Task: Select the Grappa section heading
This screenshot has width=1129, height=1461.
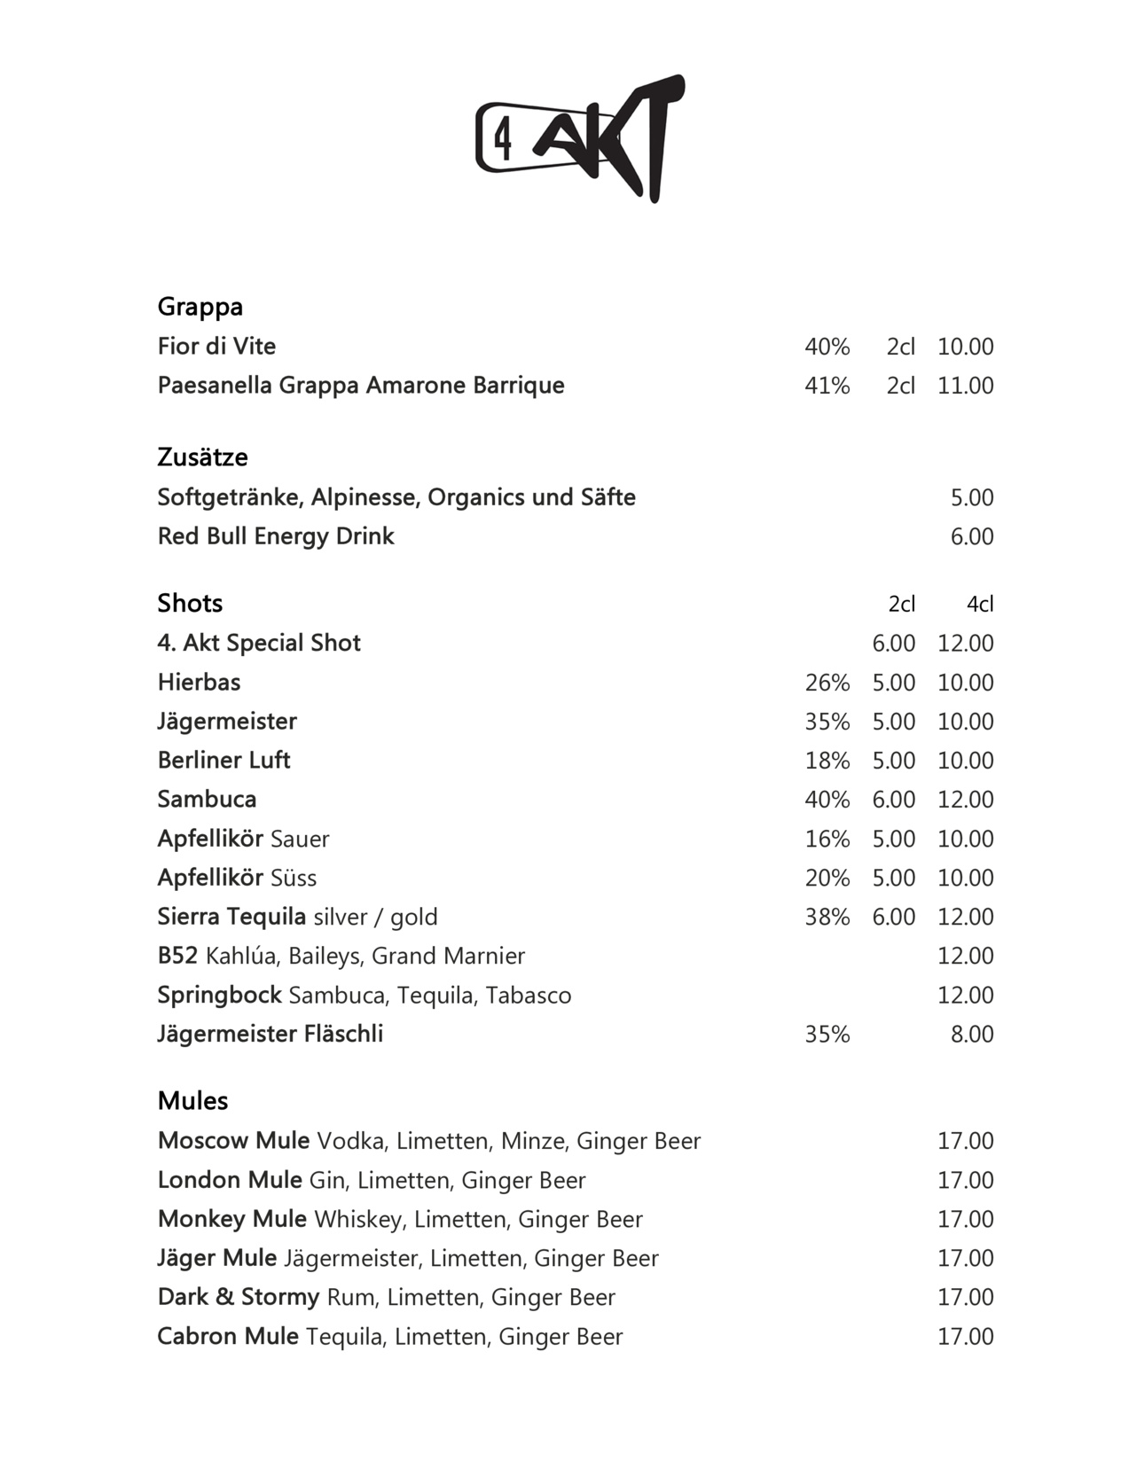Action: (x=200, y=307)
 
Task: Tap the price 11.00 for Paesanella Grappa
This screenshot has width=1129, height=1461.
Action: (x=965, y=386)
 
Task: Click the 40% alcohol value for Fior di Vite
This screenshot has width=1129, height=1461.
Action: (x=827, y=347)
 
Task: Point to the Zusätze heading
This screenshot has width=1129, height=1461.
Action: (x=202, y=457)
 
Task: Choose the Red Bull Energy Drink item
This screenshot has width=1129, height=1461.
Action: (x=276, y=536)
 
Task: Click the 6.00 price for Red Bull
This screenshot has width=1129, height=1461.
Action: (x=971, y=536)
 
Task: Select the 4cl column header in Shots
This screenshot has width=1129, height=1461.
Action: (x=979, y=605)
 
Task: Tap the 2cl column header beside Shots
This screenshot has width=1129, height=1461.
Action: (x=901, y=605)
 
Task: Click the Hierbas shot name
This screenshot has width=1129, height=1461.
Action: (x=199, y=683)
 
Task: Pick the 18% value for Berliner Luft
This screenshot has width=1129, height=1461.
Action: (x=827, y=761)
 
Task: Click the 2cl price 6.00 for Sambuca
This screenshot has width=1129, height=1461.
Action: (x=893, y=800)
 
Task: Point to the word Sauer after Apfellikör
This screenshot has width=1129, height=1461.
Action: (x=300, y=840)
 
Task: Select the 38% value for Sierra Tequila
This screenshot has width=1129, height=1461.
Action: (x=827, y=917)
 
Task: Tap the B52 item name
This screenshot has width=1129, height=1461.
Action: (x=177, y=956)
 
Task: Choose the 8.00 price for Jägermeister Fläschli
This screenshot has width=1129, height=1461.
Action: (x=971, y=1035)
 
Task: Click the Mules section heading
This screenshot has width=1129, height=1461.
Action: (x=192, y=1101)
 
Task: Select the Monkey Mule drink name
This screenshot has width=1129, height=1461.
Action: (x=232, y=1219)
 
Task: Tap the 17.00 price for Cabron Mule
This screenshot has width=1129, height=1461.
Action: (x=965, y=1337)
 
